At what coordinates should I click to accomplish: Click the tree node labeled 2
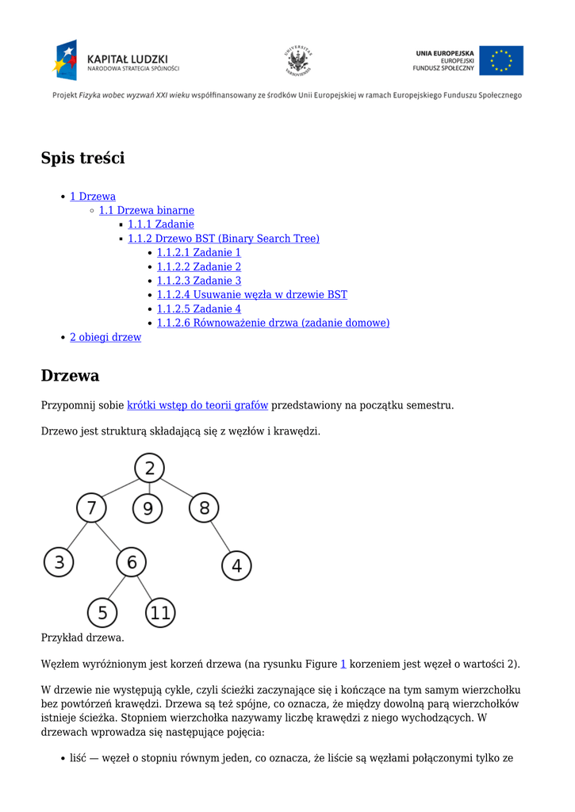click(x=149, y=468)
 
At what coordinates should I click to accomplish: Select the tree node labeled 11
click(x=160, y=612)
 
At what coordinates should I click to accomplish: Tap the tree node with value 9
click(x=148, y=507)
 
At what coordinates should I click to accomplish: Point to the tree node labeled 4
click(x=236, y=566)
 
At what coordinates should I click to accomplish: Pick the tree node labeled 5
click(x=102, y=612)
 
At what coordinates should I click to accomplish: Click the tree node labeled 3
click(x=59, y=563)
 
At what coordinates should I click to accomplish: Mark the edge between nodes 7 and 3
click(x=75, y=535)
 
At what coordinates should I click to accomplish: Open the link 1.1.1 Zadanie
click(x=161, y=224)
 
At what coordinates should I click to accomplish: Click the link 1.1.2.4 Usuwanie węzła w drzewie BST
click(x=251, y=295)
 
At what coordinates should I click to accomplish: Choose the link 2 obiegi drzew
click(x=105, y=337)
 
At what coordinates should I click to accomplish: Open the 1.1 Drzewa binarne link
click(x=147, y=210)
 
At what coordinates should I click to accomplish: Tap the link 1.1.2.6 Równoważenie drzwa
click(x=273, y=323)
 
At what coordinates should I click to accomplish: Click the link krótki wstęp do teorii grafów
click(x=197, y=405)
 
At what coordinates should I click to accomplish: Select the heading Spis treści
click(x=83, y=158)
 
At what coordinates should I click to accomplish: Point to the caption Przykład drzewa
click(x=82, y=637)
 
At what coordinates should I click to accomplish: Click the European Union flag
click(x=501, y=60)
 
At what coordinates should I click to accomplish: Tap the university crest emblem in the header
click(x=298, y=60)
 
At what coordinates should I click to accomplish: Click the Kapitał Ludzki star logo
click(x=66, y=59)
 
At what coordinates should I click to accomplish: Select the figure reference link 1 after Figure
click(x=343, y=664)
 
